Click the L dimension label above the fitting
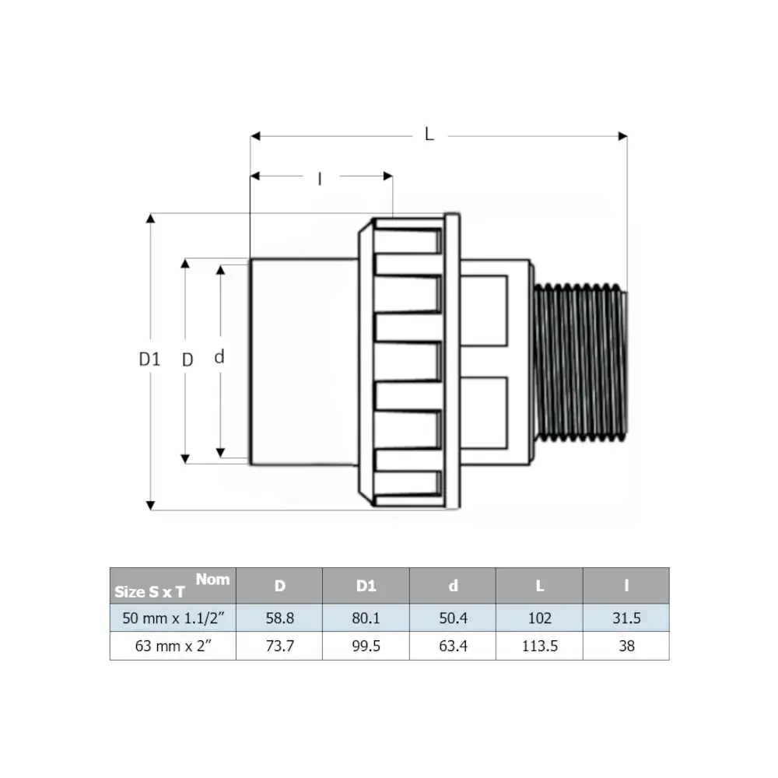pos(429,134)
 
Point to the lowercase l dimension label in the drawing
pos(320,179)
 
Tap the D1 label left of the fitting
pos(149,359)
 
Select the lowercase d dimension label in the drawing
pos(219,356)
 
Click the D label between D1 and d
pos(187,359)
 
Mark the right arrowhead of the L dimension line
pos(622,136)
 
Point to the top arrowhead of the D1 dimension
pos(150,219)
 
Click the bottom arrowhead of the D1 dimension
pos(150,505)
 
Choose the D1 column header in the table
pos(366,586)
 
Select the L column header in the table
pos(539,586)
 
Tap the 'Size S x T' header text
pos(149,592)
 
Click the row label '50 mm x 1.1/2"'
pos(173,619)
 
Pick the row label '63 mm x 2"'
pos(173,646)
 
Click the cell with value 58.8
pos(280,619)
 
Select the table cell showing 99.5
pos(366,646)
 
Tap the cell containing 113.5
pos(539,646)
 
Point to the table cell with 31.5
pos(626,619)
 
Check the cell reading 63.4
pos(453,646)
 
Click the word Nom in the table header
pos(213,579)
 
